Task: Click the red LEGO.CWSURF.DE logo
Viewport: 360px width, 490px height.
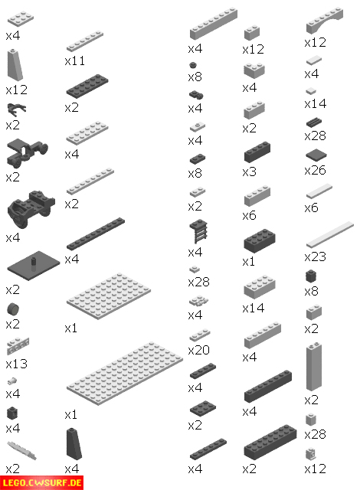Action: point(41,483)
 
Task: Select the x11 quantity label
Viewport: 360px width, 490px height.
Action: point(75,60)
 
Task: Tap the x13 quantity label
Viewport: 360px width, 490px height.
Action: point(17,364)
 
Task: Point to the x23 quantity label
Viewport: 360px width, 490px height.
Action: point(316,256)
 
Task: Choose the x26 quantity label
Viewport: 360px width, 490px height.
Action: point(316,170)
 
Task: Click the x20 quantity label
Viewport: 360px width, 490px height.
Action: point(198,350)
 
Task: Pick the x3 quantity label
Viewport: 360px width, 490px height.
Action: point(250,171)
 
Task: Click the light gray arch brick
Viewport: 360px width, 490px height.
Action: point(324,20)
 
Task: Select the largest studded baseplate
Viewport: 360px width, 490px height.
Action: point(124,374)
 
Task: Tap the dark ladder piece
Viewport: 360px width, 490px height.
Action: point(198,231)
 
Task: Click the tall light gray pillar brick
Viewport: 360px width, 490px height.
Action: point(314,366)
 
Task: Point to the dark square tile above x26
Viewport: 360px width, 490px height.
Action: point(316,155)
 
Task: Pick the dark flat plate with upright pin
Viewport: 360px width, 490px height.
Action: point(34,266)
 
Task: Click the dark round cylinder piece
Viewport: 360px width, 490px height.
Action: point(13,309)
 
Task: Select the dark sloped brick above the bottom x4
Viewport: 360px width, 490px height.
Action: point(74,444)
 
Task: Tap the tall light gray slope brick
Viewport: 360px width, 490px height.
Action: point(15,64)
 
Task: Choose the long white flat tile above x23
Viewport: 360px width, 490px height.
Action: point(330,234)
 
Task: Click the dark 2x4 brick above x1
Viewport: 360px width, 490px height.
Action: point(260,240)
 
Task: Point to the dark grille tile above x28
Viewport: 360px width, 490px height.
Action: point(314,122)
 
